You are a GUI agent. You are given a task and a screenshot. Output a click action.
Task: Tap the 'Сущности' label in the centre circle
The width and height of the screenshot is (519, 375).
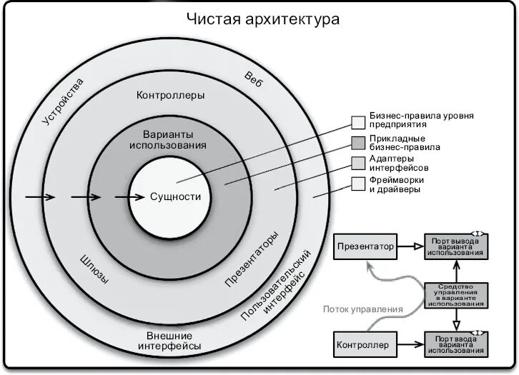click(175, 197)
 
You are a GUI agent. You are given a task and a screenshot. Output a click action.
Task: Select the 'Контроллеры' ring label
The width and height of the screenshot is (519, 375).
click(170, 95)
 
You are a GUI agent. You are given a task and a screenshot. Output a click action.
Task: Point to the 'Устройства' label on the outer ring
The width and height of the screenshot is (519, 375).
click(63, 101)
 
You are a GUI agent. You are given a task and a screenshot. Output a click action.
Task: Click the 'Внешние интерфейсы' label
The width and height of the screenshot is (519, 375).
click(169, 341)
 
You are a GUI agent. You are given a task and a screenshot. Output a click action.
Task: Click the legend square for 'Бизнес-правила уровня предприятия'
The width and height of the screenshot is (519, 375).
click(358, 122)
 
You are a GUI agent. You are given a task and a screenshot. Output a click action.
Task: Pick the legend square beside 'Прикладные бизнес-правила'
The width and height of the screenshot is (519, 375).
click(358, 142)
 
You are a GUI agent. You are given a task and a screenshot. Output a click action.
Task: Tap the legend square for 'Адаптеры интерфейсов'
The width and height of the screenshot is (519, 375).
click(358, 163)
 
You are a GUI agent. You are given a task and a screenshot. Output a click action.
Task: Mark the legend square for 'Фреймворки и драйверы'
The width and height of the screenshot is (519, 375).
click(358, 184)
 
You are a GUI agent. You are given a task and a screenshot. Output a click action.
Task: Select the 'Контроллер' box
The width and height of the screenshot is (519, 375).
click(363, 345)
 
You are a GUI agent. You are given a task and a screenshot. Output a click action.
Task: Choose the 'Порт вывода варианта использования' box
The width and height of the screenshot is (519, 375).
click(455, 246)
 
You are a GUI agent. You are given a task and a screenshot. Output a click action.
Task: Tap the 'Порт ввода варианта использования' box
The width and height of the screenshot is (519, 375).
click(455, 344)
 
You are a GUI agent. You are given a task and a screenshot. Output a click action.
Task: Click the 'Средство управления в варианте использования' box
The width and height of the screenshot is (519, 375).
click(455, 295)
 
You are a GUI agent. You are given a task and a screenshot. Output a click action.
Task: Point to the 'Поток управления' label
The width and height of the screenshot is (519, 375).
click(362, 309)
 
